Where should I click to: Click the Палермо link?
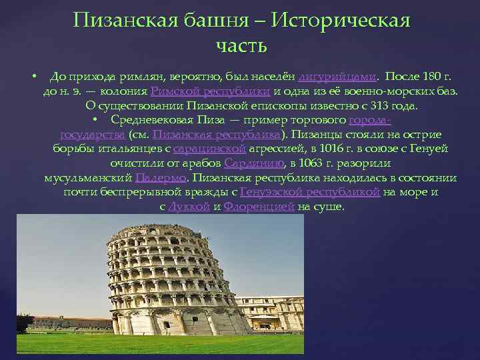click(161, 178)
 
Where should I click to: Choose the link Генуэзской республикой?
click(310, 192)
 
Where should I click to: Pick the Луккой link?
click(189, 207)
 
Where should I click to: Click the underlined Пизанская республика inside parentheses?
click(216, 134)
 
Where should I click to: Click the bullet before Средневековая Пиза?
click(96, 120)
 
